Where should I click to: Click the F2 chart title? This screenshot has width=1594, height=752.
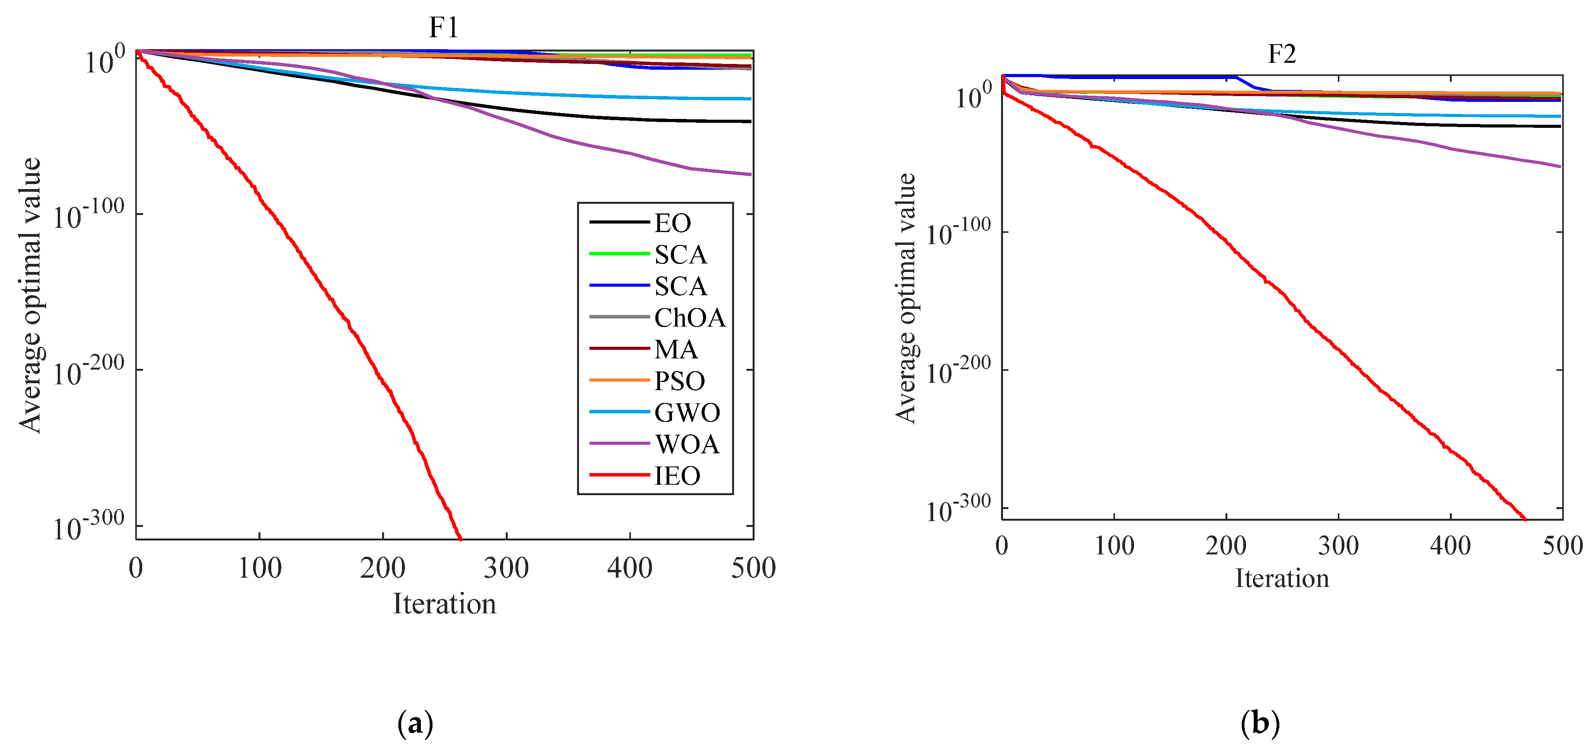click(x=1282, y=54)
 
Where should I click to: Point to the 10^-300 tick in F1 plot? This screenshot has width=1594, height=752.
click(x=88, y=528)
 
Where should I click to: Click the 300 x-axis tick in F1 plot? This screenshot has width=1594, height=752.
click(x=506, y=568)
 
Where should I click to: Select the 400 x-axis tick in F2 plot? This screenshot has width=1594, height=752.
click(x=1451, y=546)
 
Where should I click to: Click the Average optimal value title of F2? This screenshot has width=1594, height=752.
click(x=906, y=298)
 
